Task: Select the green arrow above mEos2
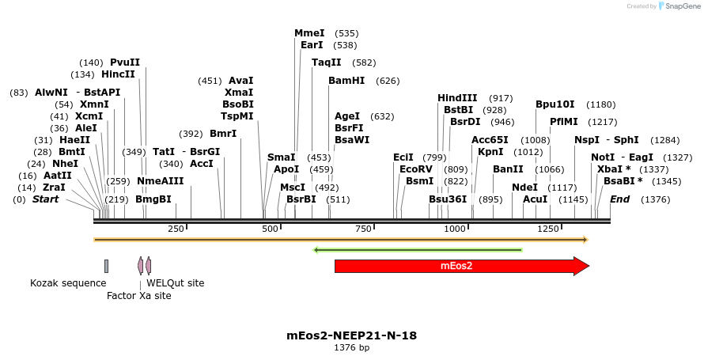pos(418,250)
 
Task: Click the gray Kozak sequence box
pos(106,266)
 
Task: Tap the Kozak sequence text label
pos(68,282)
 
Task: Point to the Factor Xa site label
pos(139,295)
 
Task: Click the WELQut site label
pos(175,282)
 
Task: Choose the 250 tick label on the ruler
pos(176,229)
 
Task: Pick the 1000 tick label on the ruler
pos(455,229)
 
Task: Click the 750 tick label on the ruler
pos(362,229)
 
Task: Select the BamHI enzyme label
pos(346,80)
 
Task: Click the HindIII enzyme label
pos(457,97)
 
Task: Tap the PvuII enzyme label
pos(125,63)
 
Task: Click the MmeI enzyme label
pos(309,33)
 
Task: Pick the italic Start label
pos(45,199)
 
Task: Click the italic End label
pos(619,199)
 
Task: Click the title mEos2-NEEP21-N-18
pos(351,335)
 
